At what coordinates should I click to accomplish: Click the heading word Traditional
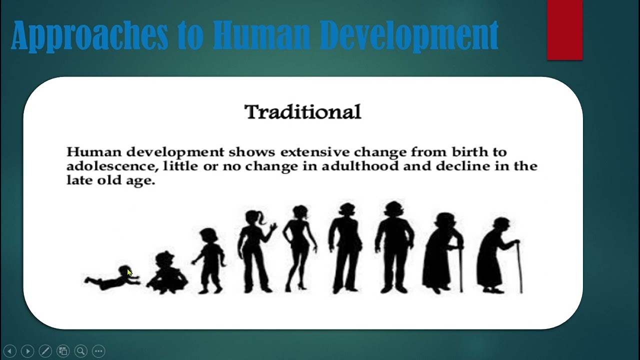[x=302, y=112]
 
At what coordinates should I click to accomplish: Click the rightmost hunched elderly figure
[x=498, y=255]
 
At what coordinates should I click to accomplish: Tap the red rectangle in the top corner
[x=564, y=30]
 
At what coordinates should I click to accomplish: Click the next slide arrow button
[x=27, y=351]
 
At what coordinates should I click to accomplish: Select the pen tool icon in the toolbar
[x=45, y=351]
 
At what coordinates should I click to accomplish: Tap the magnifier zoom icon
[x=80, y=351]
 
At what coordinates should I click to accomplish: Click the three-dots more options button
[x=98, y=351]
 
